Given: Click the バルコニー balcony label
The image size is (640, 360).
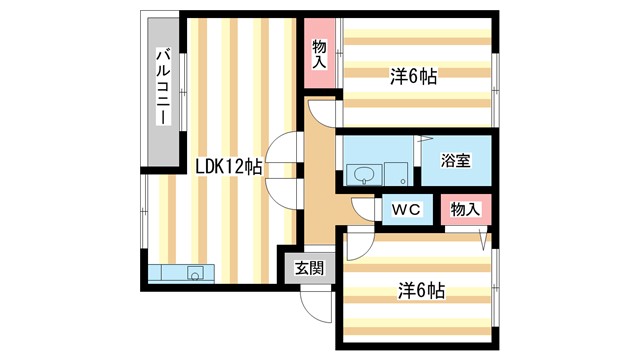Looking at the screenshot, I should (x=161, y=87).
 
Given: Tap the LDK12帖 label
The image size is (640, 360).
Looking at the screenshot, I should (x=228, y=167).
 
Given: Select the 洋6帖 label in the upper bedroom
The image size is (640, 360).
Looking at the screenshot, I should (x=413, y=76).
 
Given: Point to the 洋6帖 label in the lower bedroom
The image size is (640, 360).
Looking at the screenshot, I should (x=419, y=292).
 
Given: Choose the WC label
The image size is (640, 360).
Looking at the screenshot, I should (x=405, y=210).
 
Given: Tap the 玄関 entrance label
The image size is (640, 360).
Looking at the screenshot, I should (x=309, y=267).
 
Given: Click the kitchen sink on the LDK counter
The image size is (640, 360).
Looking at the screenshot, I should (x=194, y=272).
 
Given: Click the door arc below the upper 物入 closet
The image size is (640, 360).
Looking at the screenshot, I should (x=321, y=112).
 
